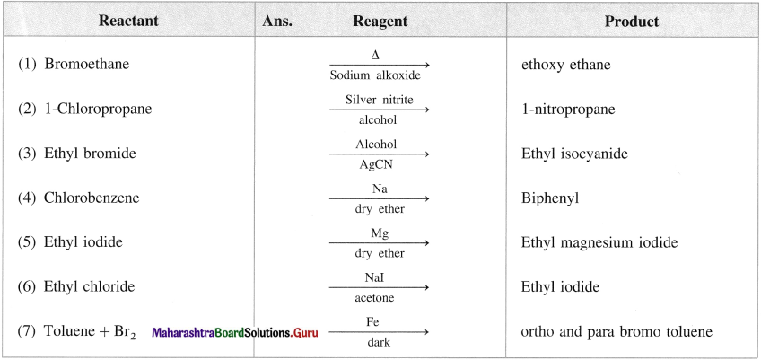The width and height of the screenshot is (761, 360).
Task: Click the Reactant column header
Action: click(x=128, y=21)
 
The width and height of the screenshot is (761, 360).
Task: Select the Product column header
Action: click(x=632, y=22)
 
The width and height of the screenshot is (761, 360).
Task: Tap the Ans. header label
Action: click(x=277, y=22)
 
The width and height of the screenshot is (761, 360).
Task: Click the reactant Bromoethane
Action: click(x=87, y=64)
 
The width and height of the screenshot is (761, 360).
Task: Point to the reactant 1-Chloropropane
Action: click(x=98, y=109)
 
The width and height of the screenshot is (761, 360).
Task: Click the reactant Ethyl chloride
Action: click(x=90, y=286)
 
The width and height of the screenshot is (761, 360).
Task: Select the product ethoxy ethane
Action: click(x=566, y=65)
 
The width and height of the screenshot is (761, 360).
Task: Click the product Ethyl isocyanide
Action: click(x=574, y=154)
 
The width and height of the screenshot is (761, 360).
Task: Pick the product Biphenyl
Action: click(x=550, y=198)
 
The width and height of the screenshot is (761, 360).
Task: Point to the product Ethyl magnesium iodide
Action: click(x=599, y=242)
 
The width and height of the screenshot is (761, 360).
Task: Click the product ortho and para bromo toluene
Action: click(x=617, y=332)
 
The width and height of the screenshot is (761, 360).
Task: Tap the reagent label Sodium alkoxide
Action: click(x=375, y=75)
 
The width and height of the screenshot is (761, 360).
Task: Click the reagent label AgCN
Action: click(x=376, y=164)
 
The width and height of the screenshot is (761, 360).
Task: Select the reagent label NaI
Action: click(x=378, y=277)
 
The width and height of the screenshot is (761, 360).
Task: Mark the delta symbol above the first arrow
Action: click(x=375, y=56)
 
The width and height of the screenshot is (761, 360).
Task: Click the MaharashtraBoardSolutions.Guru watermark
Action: click(x=235, y=333)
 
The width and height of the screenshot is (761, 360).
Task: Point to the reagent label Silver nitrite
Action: click(x=380, y=100)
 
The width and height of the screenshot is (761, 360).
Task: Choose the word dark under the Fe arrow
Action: click(x=378, y=343)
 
